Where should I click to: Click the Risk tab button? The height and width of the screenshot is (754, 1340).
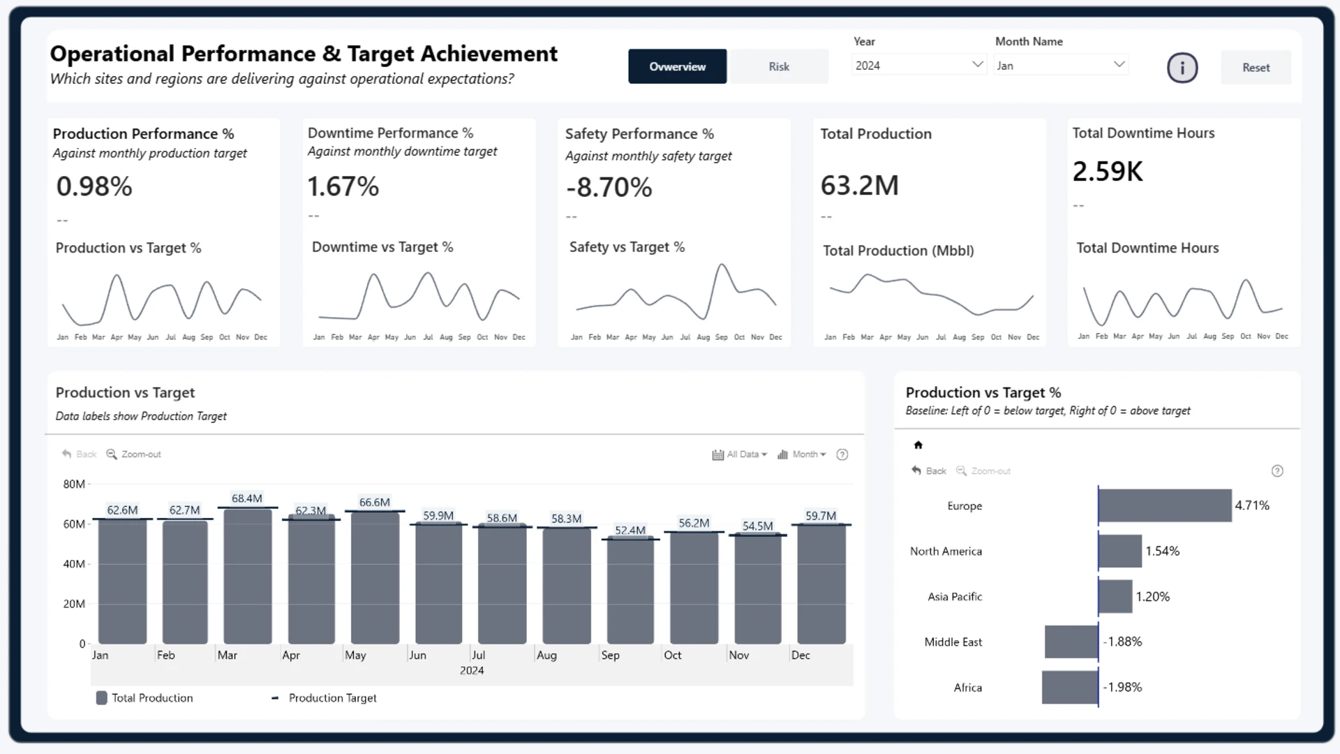click(778, 66)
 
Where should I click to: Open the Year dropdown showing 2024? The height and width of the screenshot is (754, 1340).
click(919, 65)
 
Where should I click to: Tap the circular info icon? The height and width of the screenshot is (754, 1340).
click(1182, 68)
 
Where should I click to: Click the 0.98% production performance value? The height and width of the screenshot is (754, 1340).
click(94, 186)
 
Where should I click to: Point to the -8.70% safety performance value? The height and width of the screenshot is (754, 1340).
click(609, 187)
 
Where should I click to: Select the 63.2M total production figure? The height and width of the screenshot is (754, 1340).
click(860, 186)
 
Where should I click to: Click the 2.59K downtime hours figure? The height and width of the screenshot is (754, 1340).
click(1108, 171)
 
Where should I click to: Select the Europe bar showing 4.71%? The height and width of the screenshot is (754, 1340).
click(1165, 505)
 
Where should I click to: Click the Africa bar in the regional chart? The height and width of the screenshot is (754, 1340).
click(1070, 688)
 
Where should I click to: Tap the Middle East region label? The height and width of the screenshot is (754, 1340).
click(953, 642)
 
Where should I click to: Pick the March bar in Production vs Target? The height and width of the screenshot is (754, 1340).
click(248, 576)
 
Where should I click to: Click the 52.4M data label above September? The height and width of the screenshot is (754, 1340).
click(630, 531)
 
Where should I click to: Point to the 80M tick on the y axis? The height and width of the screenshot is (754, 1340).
click(74, 484)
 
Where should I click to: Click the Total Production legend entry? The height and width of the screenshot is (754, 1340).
click(144, 698)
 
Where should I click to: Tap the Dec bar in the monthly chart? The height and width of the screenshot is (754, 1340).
click(821, 584)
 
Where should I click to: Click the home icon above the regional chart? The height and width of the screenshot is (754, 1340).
click(918, 445)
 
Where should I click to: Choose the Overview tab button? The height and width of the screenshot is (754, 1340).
click(677, 66)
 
